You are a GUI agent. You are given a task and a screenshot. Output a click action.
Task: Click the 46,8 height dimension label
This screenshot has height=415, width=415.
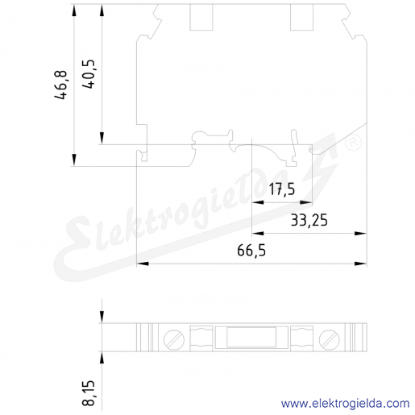60,85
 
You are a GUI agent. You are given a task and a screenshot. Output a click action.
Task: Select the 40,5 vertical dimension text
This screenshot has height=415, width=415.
89,74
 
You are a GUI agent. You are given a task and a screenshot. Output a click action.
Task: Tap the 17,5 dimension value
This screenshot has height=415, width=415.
282,189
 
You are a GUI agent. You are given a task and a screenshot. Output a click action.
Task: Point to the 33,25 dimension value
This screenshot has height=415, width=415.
309,220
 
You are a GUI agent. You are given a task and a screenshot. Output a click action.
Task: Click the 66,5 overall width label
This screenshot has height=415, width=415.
251,251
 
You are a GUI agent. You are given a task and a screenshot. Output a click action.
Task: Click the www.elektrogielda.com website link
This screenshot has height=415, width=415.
346,403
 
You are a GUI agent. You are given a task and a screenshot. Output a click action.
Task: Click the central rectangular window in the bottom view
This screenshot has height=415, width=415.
251,337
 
